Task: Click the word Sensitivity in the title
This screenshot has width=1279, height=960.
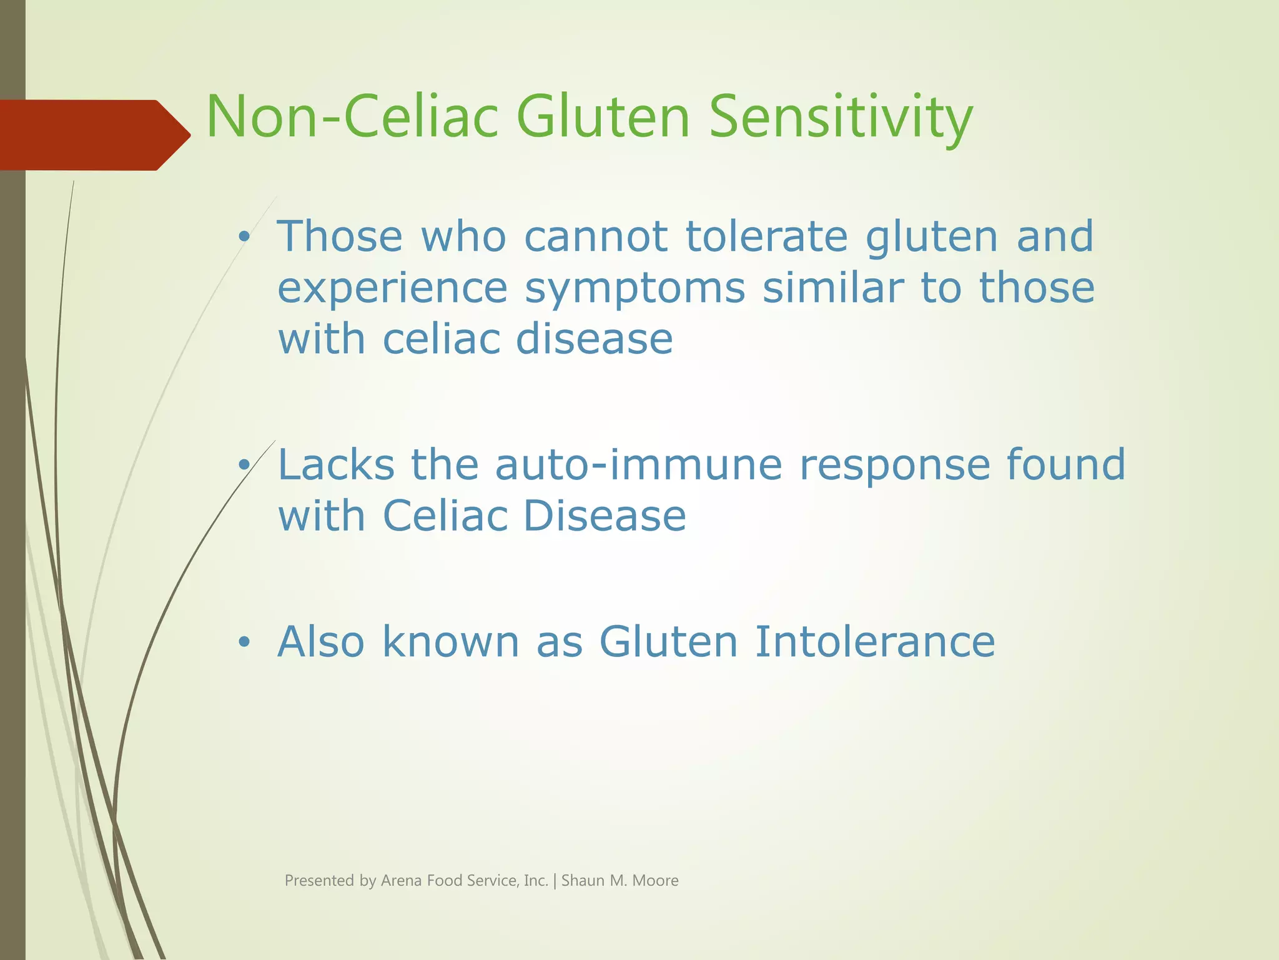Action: tap(841, 117)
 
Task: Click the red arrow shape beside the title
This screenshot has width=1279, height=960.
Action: tap(94, 135)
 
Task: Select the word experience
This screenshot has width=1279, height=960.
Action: tap(392, 289)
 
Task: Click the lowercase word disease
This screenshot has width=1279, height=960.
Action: tap(594, 339)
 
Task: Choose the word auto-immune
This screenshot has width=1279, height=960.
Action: tap(638, 465)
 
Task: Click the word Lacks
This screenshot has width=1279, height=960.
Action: tap(336, 465)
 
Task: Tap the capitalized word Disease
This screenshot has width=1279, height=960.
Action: tap(604, 516)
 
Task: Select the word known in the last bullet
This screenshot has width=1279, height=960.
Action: tap(450, 642)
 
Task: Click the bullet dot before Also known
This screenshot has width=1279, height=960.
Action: tap(244, 642)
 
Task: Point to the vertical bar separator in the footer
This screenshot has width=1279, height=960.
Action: tap(555, 881)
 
